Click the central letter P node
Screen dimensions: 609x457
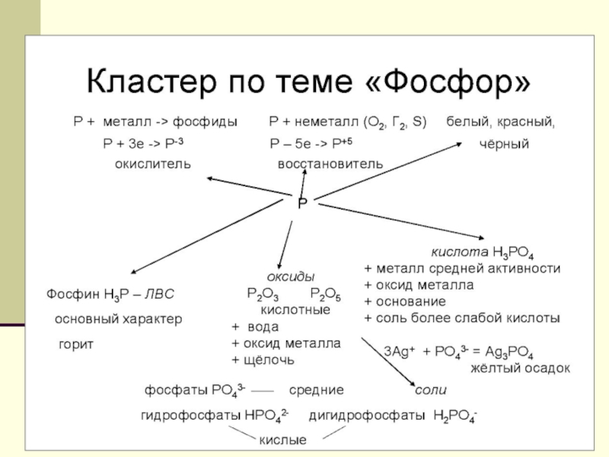click(x=302, y=203)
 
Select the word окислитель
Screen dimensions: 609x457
click(x=153, y=164)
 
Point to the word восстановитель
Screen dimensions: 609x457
click(x=330, y=164)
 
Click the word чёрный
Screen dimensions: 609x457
click(x=504, y=144)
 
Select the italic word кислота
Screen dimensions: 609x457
click(x=460, y=252)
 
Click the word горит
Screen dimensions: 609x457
click(x=76, y=344)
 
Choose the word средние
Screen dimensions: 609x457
click(x=316, y=389)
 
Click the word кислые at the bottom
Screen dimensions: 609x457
click(x=283, y=440)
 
